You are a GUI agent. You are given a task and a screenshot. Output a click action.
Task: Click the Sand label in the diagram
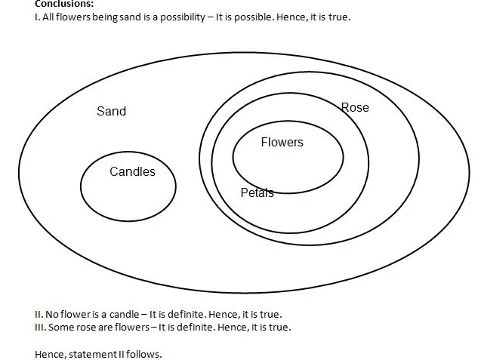tap(111, 112)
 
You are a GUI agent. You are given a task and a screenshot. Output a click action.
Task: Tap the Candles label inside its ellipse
tap(132, 172)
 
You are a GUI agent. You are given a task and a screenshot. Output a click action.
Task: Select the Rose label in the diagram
tap(355, 108)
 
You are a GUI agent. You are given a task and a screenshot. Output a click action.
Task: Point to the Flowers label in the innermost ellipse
tap(282, 143)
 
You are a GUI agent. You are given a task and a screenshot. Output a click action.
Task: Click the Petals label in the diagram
tap(257, 193)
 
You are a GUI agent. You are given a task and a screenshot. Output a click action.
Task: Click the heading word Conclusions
tap(64, 4)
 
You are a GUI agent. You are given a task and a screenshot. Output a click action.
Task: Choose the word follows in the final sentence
tap(144, 353)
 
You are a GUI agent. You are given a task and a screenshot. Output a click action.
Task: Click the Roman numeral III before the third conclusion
tap(40, 327)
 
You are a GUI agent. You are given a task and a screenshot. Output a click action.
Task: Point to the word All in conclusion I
tap(48, 17)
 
